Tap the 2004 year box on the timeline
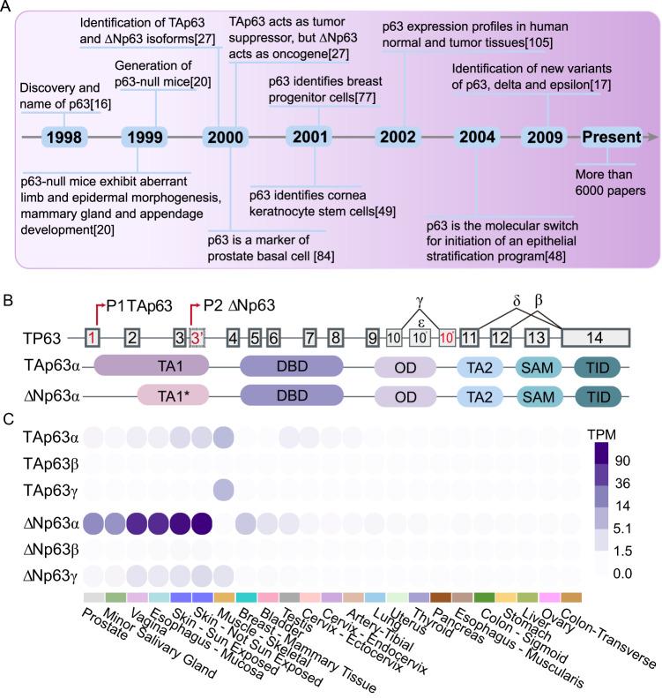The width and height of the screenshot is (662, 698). click(479, 137)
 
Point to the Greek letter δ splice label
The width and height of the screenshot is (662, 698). click(517, 299)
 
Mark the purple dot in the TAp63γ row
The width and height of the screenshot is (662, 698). click(224, 488)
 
